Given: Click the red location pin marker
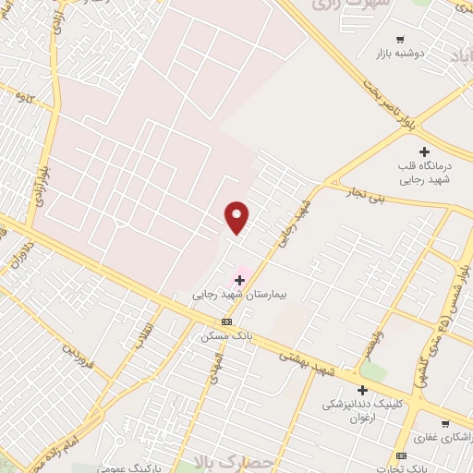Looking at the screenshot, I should pos(236,216).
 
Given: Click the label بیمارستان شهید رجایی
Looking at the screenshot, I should pos(240,295).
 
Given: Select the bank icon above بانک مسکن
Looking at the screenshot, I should pos(227,321).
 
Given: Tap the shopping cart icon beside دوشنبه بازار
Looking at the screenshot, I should pos(400,39).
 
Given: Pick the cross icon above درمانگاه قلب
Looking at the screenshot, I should pos(424,152).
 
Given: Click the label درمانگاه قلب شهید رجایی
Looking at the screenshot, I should pos(425,174).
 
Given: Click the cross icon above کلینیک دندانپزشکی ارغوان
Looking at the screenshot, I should pos(349,390).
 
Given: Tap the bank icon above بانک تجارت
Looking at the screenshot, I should pos(400,456).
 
